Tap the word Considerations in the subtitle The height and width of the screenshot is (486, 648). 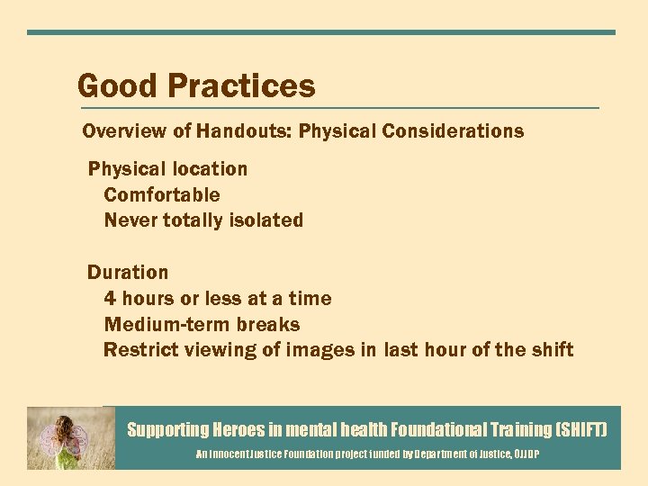453,131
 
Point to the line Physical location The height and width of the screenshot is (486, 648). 167,169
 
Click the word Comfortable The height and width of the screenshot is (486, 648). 162,195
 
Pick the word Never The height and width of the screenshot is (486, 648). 130,220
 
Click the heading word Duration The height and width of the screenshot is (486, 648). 128,273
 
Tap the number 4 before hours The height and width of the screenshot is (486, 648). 110,299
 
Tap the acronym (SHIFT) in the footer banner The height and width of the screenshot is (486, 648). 582,430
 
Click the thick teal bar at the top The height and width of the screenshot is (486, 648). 321,32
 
